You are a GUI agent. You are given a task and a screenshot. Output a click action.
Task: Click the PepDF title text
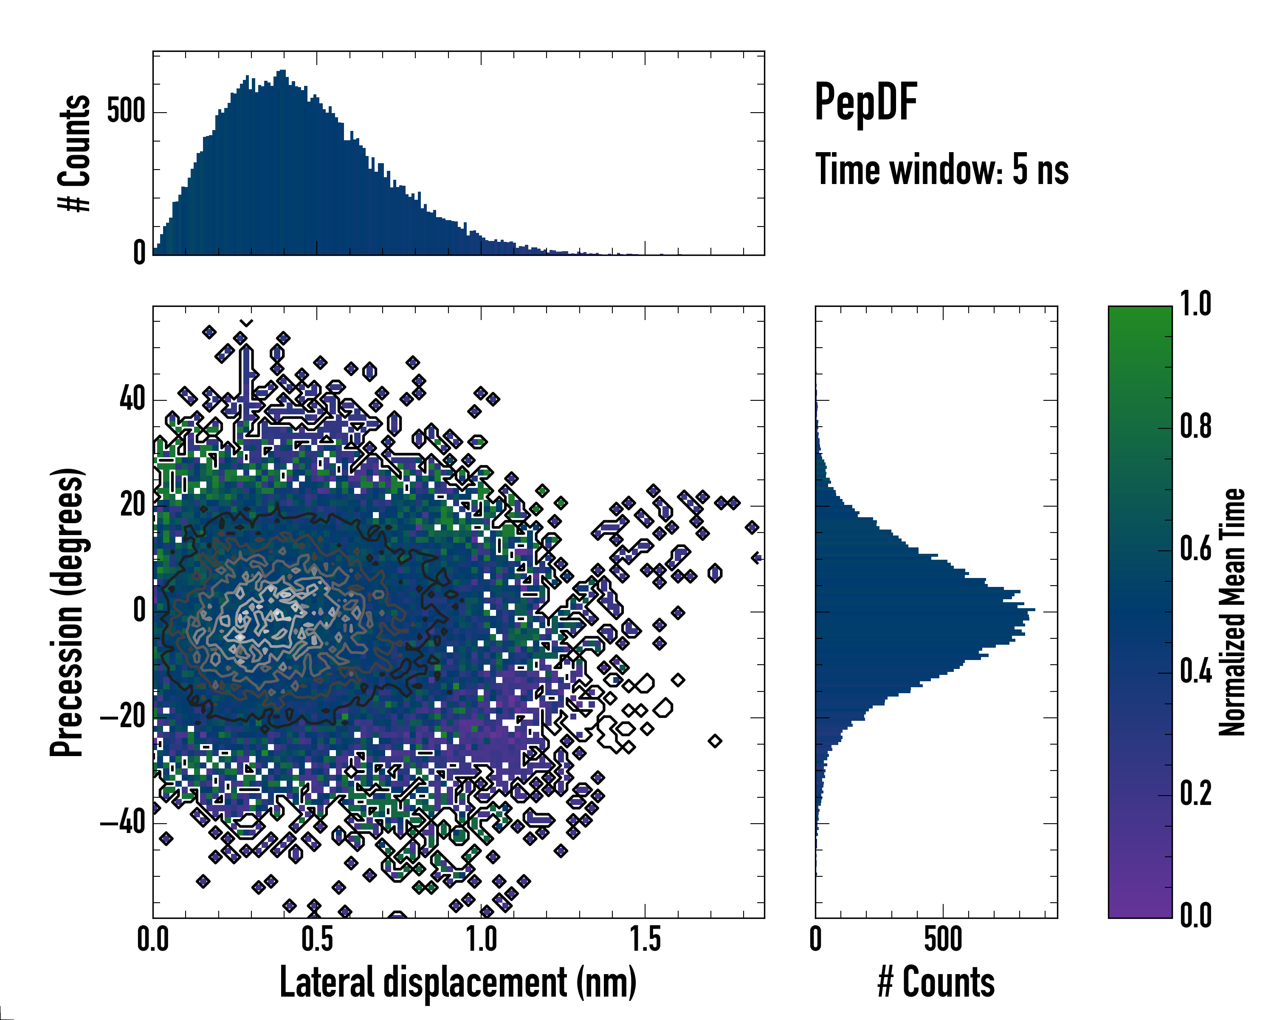[865, 102]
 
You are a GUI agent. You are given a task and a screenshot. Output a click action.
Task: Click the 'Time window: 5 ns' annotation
[942, 170]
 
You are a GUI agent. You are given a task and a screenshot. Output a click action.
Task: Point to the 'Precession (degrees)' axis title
[67, 612]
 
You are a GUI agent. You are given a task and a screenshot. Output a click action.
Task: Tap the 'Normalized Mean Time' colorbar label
[1232, 612]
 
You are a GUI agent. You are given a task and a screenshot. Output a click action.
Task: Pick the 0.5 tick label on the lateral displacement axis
[317, 940]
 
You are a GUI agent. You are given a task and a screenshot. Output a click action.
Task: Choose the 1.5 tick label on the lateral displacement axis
[645, 940]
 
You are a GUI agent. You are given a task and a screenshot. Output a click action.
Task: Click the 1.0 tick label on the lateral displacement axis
[482, 940]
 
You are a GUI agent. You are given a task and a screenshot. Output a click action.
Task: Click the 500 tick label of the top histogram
[126, 111]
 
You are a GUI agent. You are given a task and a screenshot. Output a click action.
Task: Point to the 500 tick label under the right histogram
[943, 940]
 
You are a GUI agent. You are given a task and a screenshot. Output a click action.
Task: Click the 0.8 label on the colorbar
[1195, 427]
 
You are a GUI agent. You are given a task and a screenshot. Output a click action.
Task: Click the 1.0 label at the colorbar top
[1195, 305]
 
